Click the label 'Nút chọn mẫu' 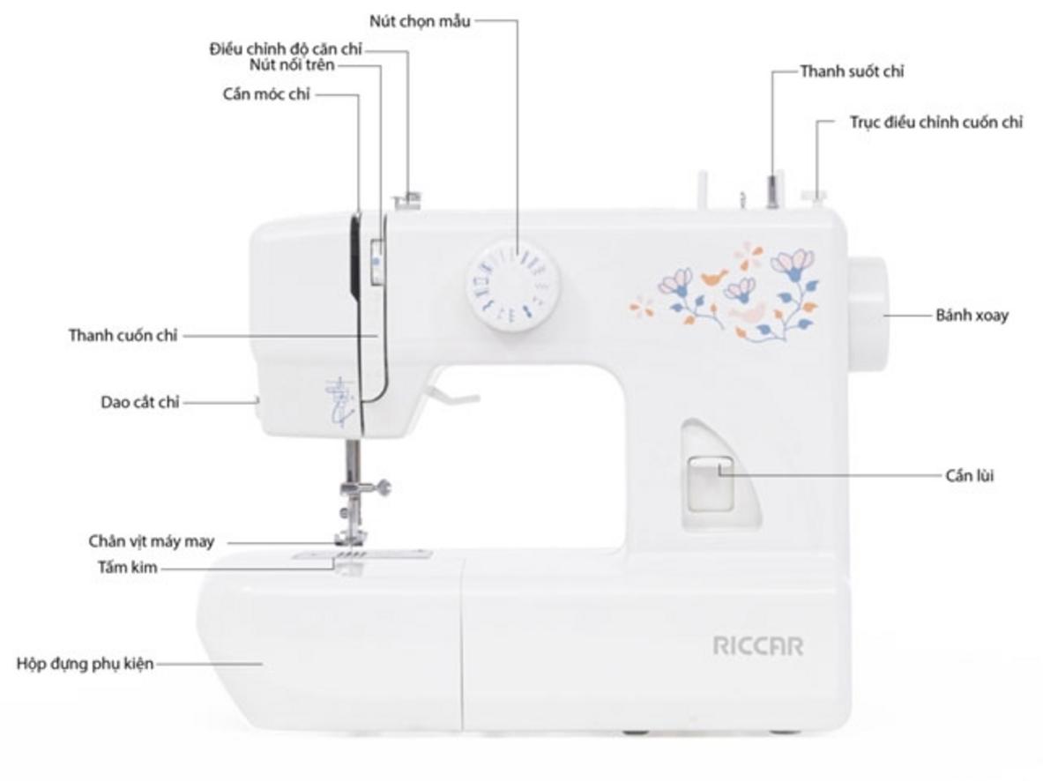pyautogui.click(x=420, y=21)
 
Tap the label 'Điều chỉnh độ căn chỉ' pyautogui.click(x=286, y=49)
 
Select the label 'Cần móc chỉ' pyautogui.click(x=266, y=94)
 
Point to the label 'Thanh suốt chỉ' pyautogui.click(x=852, y=71)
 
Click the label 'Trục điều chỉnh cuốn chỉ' pyautogui.click(x=936, y=123)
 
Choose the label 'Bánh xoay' pyautogui.click(x=972, y=316)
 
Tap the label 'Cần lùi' pyautogui.click(x=970, y=476)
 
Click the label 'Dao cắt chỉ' pyautogui.click(x=139, y=402)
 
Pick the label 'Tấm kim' pyautogui.click(x=128, y=568)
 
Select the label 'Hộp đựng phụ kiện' pyautogui.click(x=85, y=664)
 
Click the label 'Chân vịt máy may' pyautogui.click(x=152, y=541)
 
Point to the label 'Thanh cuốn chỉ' pyautogui.click(x=123, y=335)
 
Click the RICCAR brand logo pyautogui.click(x=757, y=646)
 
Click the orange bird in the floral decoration pyautogui.click(x=714, y=275)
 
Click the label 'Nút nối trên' pyautogui.click(x=292, y=65)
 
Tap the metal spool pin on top pyautogui.click(x=772, y=191)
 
